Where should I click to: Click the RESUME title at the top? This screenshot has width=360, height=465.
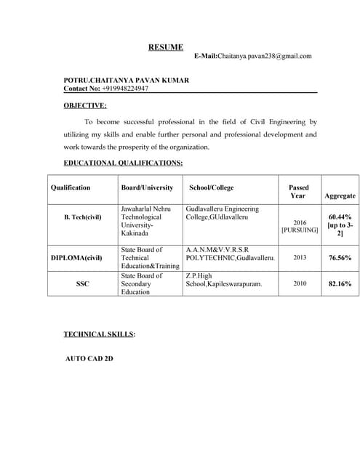(x=166, y=47)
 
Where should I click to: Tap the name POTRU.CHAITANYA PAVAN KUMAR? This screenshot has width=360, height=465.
(x=126, y=80)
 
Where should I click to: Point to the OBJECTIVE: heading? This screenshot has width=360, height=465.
(x=85, y=106)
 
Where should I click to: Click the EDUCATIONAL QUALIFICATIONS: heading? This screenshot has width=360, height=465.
(x=123, y=163)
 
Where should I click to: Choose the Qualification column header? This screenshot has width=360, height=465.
(x=71, y=187)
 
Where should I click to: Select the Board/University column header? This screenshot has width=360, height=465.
(x=147, y=187)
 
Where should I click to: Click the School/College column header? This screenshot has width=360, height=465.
(x=212, y=187)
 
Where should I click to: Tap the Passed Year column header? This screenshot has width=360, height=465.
(x=298, y=192)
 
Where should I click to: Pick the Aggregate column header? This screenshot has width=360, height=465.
(x=340, y=195)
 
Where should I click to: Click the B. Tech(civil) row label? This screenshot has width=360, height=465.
(x=82, y=217)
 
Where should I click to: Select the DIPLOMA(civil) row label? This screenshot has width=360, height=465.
(x=76, y=258)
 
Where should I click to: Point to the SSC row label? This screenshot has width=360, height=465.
(x=82, y=284)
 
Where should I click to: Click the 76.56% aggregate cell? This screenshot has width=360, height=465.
(x=340, y=258)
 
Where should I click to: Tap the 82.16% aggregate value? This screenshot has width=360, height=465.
(x=340, y=284)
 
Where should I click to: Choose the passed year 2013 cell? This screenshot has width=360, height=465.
(x=300, y=258)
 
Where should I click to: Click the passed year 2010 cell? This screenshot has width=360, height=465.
(x=300, y=284)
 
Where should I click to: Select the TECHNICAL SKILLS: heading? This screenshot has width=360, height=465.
(x=100, y=334)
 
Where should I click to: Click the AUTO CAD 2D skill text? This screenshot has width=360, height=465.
(x=89, y=359)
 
